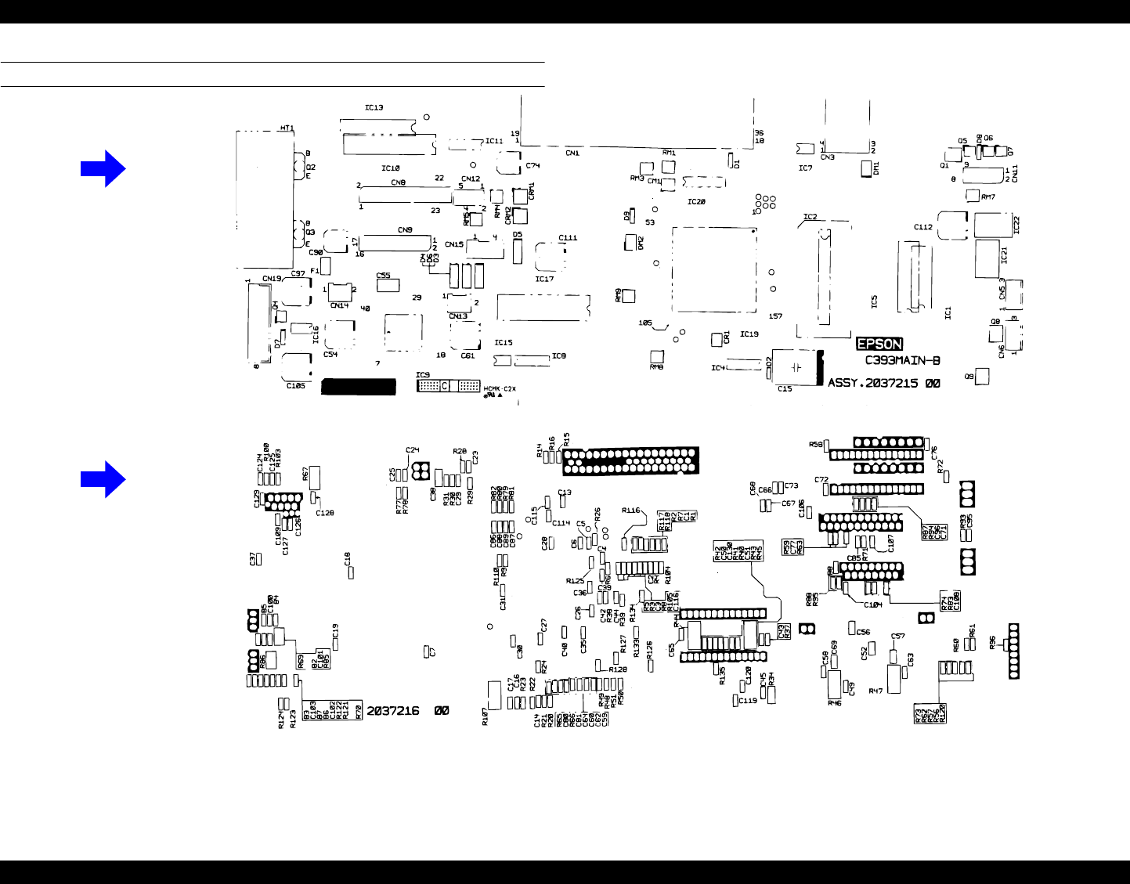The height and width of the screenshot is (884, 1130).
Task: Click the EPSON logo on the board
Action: [879, 344]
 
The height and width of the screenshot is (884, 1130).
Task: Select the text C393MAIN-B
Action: [902, 361]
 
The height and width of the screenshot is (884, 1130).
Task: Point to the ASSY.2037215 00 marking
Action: [884, 384]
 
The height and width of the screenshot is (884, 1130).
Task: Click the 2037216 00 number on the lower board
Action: [408, 711]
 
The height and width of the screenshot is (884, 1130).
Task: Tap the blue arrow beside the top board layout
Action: [103, 168]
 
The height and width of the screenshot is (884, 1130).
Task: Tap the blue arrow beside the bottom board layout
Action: [103, 478]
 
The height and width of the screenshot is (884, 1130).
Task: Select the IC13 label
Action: [374, 107]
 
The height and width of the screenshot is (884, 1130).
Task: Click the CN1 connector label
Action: [572, 153]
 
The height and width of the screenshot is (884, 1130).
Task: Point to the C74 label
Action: [533, 166]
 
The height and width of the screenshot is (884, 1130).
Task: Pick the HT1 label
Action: [287, 128]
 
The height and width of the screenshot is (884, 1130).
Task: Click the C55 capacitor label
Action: [384, 276]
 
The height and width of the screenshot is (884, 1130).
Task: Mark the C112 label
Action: [923, 227]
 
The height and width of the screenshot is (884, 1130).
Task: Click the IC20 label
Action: [696, 202]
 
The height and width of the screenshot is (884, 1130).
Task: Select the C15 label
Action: [785, 388]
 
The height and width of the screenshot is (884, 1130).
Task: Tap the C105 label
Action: [295, 385]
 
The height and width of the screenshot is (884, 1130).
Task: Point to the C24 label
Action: [413, 450]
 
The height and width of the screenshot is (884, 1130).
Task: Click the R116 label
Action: [631, 511]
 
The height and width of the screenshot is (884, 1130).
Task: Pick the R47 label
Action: [875, 691]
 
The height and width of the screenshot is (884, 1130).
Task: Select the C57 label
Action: [897, 637]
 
